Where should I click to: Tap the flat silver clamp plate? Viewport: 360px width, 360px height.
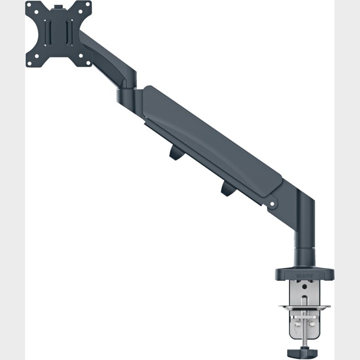point(304,306)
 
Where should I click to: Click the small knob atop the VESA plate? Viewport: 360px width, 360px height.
point(58,7)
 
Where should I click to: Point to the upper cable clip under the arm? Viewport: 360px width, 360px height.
point(175,154)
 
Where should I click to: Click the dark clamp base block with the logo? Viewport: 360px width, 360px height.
point(304,274)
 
